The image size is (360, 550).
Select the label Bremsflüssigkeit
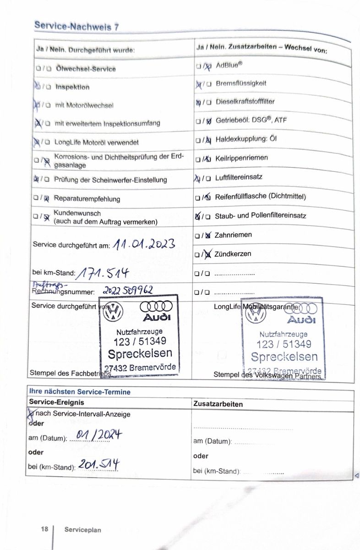(x=241, y=83)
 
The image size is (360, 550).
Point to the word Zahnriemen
(x=233, y=235)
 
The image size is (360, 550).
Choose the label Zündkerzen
(x=233, y=253)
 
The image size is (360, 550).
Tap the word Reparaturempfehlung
(x=87, y=199)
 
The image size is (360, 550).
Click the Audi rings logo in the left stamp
(x=156, y=306)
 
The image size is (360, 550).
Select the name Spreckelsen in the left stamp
(x=140, y=353)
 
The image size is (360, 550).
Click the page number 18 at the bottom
(x=44, y=529)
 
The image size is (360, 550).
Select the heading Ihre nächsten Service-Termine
(x=80, y=392)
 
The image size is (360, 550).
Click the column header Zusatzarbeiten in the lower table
(x=218, y=404)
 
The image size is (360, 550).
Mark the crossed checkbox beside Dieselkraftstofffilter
(x=198, y=102)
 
